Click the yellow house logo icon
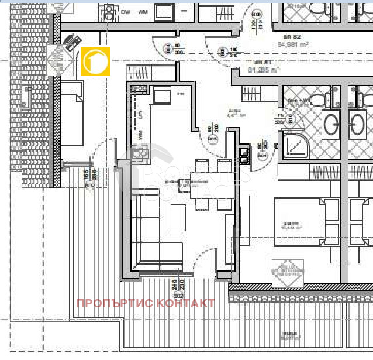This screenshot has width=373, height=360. click(95, 61)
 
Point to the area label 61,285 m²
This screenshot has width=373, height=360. click(263, 70)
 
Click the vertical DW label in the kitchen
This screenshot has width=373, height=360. click(140, 114)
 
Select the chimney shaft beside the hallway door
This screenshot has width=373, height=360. click(244, 155)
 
